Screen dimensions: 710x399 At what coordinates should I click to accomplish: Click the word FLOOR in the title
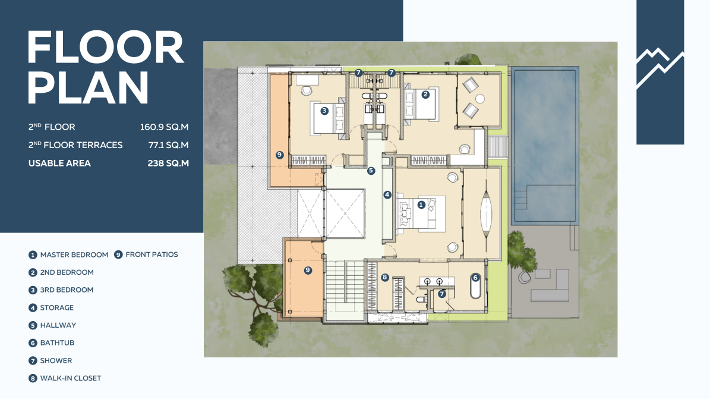(x=106, y=48)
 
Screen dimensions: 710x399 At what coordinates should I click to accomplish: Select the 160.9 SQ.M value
(x=164, y=127)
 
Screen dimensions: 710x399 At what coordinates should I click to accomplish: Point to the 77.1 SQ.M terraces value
(x=168, y=145)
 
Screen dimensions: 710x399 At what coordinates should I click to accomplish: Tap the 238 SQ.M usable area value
(x=168, y=163)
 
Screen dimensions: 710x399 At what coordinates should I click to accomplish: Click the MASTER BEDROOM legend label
(x=74, y=255)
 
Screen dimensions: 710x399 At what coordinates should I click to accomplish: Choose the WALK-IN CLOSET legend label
(x=71, y=378)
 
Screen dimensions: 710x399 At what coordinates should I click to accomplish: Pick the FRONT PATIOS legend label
(x=152, y=255)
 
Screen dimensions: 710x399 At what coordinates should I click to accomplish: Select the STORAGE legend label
(x=56, y=307)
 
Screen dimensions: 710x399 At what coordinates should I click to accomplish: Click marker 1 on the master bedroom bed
(x=421, y=205)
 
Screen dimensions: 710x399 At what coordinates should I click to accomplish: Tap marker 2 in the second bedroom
(x=425, y=95)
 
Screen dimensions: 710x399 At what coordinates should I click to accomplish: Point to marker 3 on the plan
(x=324, y=111)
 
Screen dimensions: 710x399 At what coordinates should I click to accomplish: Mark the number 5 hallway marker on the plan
(x=371, y=171)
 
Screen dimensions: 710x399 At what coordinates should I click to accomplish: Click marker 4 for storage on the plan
(x=387, y=194)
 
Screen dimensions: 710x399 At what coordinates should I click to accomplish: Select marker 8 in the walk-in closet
(x=385, y=278)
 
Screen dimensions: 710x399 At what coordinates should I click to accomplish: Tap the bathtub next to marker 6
(x=475, y=287)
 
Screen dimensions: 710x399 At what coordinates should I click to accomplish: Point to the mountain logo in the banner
(x=659, y=68)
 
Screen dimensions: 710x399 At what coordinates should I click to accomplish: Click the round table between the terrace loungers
(x=480, y=98)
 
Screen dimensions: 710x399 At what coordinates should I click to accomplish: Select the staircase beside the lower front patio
(x=345, y=282)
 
